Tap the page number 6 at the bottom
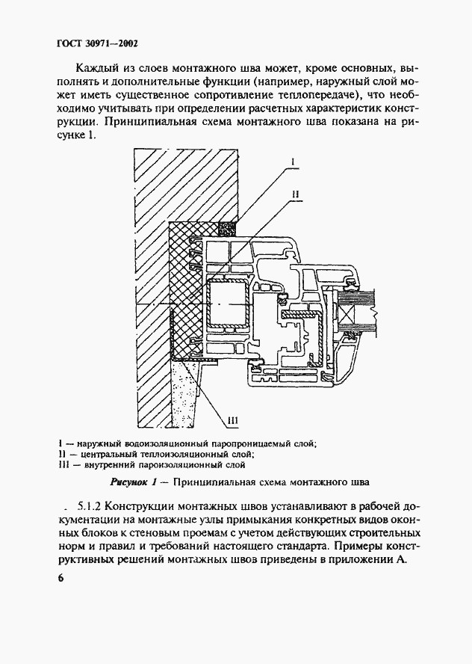coord(60,579)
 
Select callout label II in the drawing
coord(296,194)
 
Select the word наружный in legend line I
coord(96,443)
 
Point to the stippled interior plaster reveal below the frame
coord(188,396)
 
